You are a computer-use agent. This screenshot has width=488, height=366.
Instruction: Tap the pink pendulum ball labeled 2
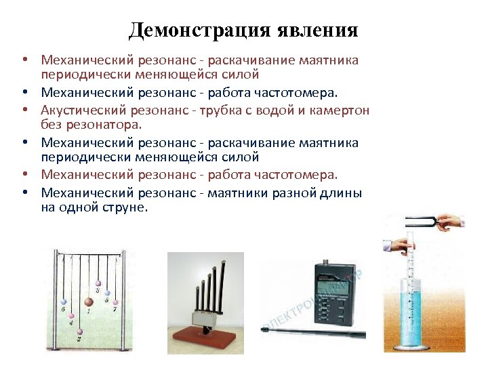[79, 332]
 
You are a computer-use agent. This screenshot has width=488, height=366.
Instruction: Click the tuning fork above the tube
[419, 222]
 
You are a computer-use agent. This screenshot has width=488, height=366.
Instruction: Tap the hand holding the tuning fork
[451, 222]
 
